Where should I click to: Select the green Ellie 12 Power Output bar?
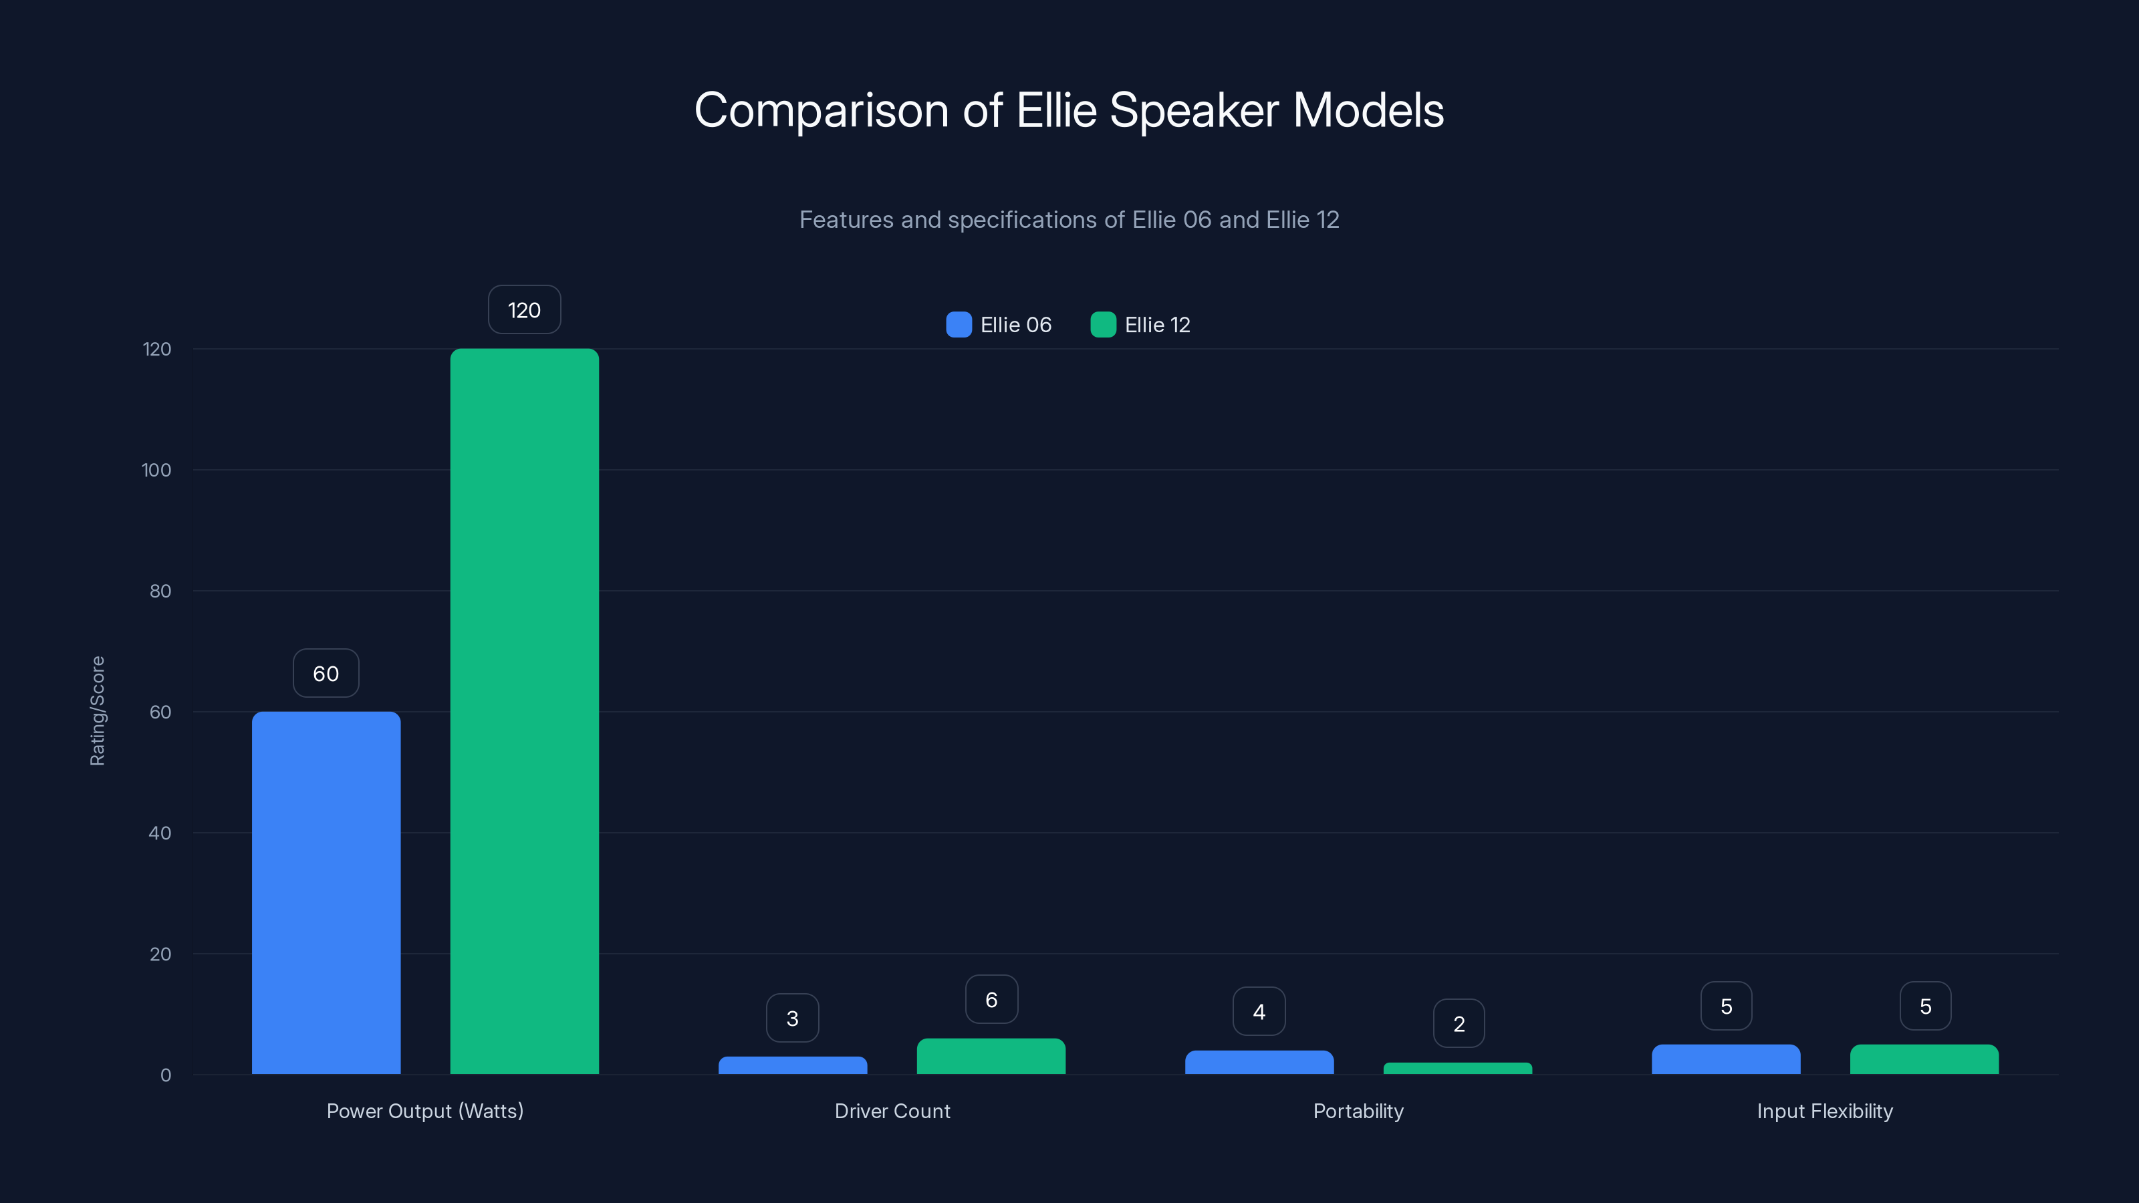pos(524,712)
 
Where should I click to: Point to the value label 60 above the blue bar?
pos(326,673)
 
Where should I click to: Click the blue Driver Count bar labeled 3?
pos(792,1065)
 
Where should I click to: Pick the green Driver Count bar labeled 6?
pos(991,1056)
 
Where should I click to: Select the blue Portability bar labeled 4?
pos(1259,1062)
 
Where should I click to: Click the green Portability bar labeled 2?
pos(1457,1069)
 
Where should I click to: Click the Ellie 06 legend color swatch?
pos(959,325)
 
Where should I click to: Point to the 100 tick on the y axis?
pos(156,470)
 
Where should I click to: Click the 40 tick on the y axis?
pos(160,833)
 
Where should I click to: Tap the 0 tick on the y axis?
pos(165,1075)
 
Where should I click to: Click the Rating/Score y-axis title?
pos(97,710)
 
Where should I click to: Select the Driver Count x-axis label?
pos(892,1111)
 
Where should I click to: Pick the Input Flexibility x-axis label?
pos(1824,1111)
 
